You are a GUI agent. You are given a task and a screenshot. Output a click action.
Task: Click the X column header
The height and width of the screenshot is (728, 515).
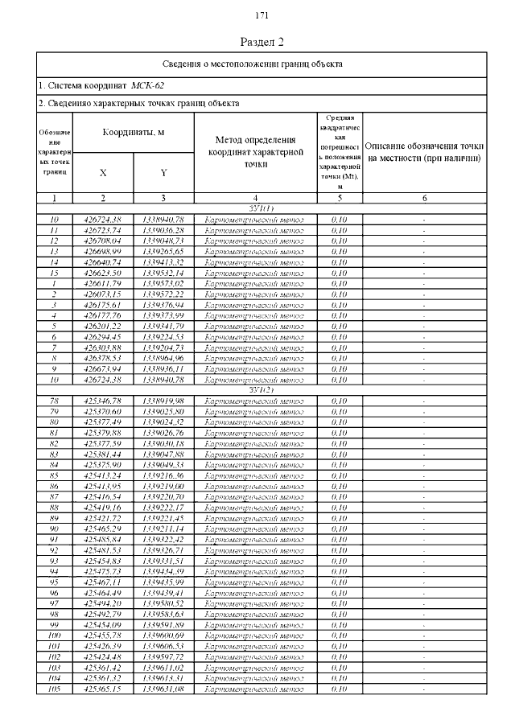tap(103, 173)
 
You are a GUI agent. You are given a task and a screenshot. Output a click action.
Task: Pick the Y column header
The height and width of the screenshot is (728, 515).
tap(163, 173)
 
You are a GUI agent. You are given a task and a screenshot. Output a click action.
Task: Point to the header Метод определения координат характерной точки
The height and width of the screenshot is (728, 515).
tap(255, 152)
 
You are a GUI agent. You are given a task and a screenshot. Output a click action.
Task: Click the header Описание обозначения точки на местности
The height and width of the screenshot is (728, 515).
tap(424, 152)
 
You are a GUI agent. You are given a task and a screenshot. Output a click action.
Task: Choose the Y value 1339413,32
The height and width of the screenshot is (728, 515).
tap(163, 262)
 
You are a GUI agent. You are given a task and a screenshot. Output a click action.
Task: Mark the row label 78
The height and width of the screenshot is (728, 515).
tap(56, 401)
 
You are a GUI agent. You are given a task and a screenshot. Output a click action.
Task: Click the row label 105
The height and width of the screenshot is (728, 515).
tap(56, 689)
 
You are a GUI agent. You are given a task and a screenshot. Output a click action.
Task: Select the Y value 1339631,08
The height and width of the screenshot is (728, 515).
tap(163, 689)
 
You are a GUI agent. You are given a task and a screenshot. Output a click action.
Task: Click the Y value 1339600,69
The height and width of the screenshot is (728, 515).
tap(163, 635)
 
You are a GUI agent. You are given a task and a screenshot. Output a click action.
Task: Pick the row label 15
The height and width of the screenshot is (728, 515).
tap(56, 273)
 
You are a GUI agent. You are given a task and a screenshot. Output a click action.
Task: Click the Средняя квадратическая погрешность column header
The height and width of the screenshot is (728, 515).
tap(339, 152)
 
